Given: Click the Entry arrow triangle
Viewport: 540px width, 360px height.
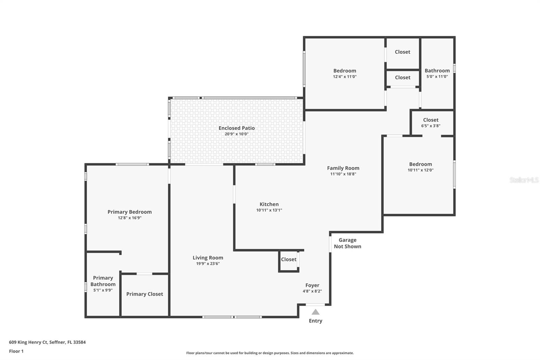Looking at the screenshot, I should point(315,312).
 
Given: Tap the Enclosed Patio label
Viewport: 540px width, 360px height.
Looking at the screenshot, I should point(237,128).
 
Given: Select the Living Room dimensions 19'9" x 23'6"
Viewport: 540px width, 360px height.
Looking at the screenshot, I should point(208,264).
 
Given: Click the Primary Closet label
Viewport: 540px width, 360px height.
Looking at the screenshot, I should point(144,294).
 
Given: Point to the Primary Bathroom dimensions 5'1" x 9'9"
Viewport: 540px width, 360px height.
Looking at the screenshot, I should point(103,290).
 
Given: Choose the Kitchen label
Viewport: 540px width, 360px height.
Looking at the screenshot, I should point(269,204).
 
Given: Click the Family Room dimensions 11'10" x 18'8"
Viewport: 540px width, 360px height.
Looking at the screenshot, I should point(343,174).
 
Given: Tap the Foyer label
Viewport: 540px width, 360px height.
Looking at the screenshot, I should point(312,285).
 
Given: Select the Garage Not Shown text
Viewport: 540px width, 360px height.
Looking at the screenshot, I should point(347,243).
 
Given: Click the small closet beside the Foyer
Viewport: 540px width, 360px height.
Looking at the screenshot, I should point(289,259).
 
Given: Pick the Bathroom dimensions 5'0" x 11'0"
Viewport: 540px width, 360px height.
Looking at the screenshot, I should point(437,77).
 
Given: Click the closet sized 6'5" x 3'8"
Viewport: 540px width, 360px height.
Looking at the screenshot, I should point(431,123).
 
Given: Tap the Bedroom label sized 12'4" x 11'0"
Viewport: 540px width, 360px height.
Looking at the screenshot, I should point(345,71).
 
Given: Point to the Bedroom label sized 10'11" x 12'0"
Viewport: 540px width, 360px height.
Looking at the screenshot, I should point(421,164).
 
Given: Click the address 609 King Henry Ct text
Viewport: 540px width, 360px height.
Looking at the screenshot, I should point(47,342).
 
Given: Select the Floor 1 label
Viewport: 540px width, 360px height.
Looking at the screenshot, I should point(16,351).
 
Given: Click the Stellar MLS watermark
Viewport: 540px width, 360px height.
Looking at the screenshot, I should point(524,180).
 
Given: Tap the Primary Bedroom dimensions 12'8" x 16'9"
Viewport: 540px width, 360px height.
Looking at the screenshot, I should point(130,218).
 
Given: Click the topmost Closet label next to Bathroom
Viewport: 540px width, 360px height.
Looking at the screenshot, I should point(402,52).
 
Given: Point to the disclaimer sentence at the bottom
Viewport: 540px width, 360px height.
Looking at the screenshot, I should point(270,353).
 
